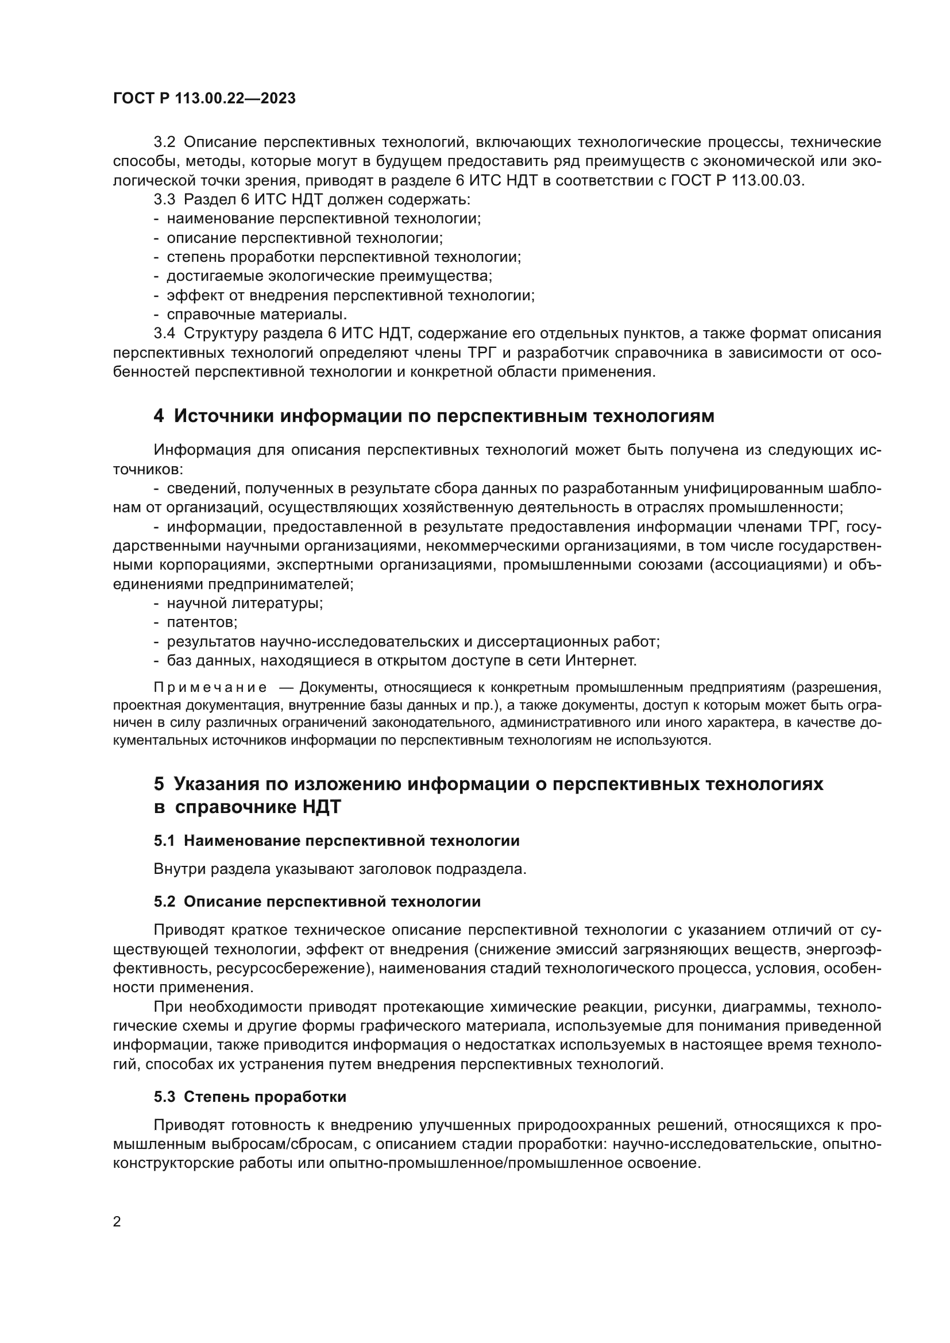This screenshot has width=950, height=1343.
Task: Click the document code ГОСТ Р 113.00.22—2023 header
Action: (204, 98)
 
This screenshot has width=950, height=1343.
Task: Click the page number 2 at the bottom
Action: (117, 1222)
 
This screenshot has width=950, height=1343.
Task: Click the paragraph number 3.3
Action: (164, 199)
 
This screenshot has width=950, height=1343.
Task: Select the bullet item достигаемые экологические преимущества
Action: (329, 276)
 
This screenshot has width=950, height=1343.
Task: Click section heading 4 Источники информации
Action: (434, 416)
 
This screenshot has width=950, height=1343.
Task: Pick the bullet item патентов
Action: (202, 622)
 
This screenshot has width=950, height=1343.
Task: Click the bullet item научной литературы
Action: (245, 603)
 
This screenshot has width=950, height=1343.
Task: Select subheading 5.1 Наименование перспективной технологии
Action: (337, 841)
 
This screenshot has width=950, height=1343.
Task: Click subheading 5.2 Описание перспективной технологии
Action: (317, 902)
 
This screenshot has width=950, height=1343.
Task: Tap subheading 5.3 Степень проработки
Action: (250, 1097)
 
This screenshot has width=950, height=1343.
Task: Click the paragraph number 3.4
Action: (164, 334)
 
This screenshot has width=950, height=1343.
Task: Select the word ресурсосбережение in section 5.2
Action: (292, 968)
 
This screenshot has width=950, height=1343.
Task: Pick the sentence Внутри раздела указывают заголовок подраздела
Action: (340, 869)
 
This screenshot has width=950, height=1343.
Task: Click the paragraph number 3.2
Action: (164, 142)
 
